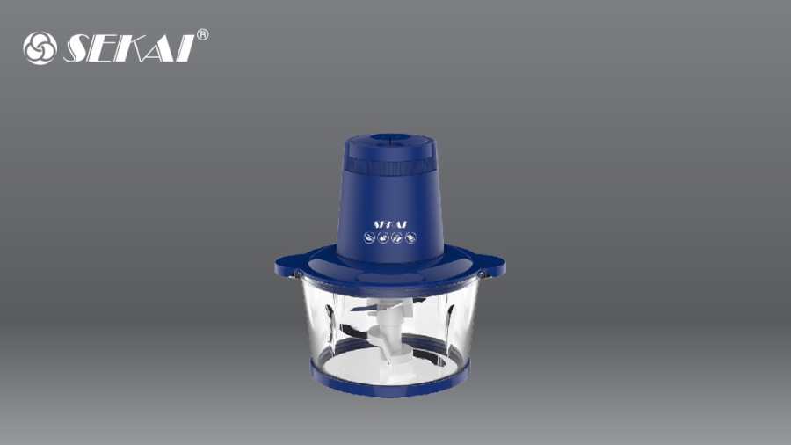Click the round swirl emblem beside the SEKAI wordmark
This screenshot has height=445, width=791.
pyautogui.click(x=40, y=48)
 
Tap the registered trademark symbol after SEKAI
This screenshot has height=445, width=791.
pyautogui.click(x=202, y=35)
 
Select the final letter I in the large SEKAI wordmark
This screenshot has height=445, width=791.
pyautogui.click(x=185, y=48)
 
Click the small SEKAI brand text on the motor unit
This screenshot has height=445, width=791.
pyautogui.click(x=389, y=224)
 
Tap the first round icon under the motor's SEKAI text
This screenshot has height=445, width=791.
pyautogui.click(x=370, y=237)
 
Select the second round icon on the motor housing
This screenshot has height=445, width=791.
pyautogui.click(x=383, y=237)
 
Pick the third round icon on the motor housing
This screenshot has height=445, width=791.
pyautogui.click(x=397, y=237)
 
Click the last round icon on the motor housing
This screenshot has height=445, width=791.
pyautogui.click(x=410, y=237)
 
